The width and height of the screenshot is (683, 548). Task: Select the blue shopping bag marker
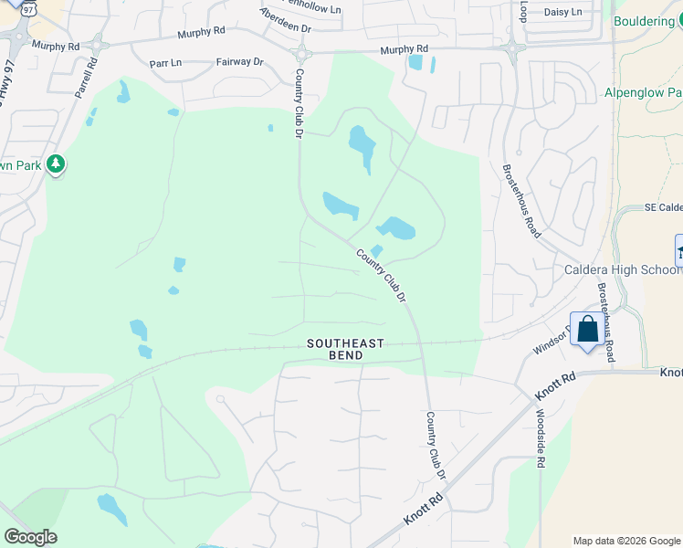click(587, 330)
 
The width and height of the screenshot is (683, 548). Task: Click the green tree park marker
click(57, 164)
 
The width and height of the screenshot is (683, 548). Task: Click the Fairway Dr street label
click(239, 62)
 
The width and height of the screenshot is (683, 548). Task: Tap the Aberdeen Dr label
click(286, 20)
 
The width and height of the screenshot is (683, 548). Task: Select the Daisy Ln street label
click(562, 12)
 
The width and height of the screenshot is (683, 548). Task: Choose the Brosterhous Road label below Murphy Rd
click(522, 201)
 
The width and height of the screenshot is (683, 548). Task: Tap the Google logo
click(30, 537)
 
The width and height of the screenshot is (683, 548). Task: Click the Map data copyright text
click(625, 541)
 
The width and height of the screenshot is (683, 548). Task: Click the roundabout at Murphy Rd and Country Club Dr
click(301, 54)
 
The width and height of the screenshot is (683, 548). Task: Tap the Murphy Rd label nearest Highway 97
click(55, 45)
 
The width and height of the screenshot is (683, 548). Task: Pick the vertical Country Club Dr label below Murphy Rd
click(299, 102)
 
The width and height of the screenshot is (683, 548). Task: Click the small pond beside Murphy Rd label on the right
click(416, 63)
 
